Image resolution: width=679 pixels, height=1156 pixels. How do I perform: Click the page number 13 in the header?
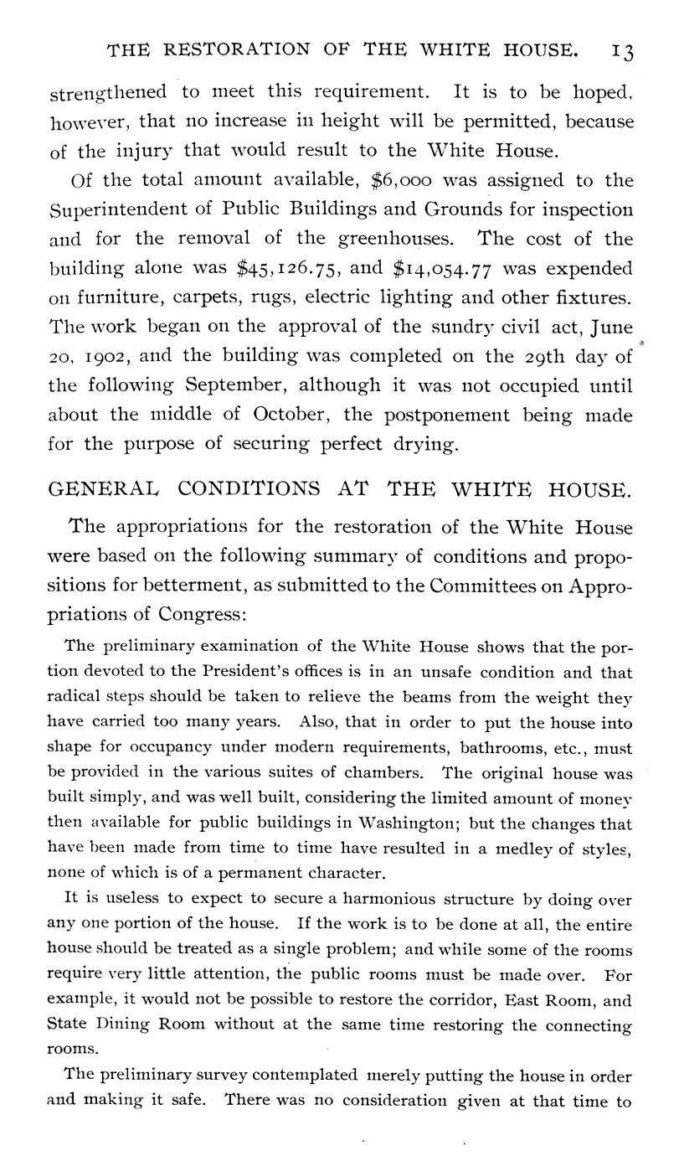coord(622,52)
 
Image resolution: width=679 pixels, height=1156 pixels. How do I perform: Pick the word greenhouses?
coord(394,240)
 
